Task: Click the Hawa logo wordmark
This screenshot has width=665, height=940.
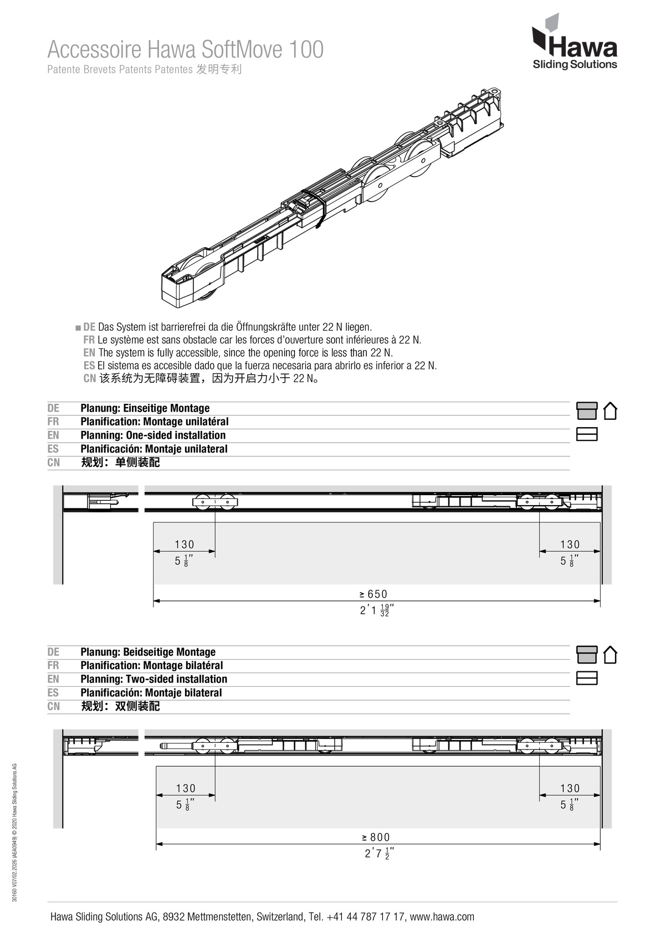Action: click(582, 47)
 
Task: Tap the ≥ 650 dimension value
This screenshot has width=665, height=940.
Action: click(374, 594)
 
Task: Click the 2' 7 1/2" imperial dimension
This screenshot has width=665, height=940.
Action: click(379, 854)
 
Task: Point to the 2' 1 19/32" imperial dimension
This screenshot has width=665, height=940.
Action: click(376, 610)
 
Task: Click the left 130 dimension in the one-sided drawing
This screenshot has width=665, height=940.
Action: click(185, 545)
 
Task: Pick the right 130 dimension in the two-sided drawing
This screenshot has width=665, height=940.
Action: click(570, 788)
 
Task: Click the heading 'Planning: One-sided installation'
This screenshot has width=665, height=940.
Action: click(153, 435)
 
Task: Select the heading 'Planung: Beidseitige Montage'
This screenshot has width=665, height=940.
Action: click(148, 652)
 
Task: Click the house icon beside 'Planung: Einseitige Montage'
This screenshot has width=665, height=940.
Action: click(610, 411)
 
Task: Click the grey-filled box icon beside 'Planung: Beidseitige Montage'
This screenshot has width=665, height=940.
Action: click(587, 655)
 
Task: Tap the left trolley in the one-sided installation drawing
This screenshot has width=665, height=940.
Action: click(215, 502)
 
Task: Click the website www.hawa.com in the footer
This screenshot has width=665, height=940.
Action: click(442, 917)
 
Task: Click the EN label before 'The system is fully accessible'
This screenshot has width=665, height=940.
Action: click(89, 353)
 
